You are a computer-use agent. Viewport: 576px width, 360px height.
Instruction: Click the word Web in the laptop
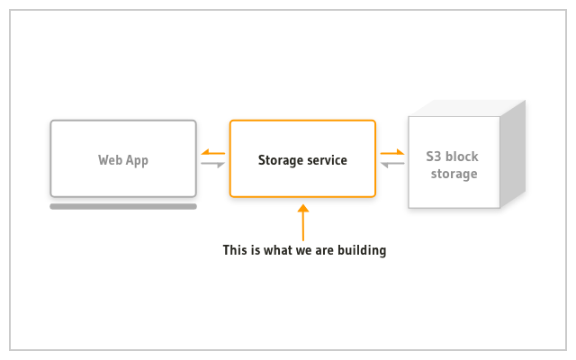coord(110,160)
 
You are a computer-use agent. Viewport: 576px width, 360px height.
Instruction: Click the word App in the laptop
coord(137,161)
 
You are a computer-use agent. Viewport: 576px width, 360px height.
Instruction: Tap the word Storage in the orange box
coord(280,160)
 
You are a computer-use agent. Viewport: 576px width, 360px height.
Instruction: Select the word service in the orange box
coord(327,160)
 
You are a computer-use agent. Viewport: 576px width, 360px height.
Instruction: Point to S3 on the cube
coord(434,157)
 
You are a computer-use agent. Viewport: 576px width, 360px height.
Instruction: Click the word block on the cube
coord(462,157)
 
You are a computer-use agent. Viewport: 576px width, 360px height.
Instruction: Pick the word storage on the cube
coord(454,174)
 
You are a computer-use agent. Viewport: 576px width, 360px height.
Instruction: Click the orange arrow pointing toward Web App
coord(213,152)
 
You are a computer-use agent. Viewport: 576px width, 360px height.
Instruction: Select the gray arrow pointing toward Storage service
coord(213,164)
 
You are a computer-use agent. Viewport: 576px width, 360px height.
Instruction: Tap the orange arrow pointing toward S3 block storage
coord(392,152)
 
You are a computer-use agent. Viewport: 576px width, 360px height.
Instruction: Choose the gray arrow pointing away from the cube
coord(392,164)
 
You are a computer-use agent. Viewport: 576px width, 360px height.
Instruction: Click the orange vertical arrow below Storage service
coord(303,222)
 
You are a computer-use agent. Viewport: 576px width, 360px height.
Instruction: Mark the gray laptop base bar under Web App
coord(123,207)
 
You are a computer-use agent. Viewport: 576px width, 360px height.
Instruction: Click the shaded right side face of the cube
coord(513,154)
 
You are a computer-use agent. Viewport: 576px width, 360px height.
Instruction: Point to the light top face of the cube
coord(466,108)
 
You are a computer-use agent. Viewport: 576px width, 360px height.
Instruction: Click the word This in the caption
coord(235,250)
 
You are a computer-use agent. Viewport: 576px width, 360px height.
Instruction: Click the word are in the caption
coord(324,252)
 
